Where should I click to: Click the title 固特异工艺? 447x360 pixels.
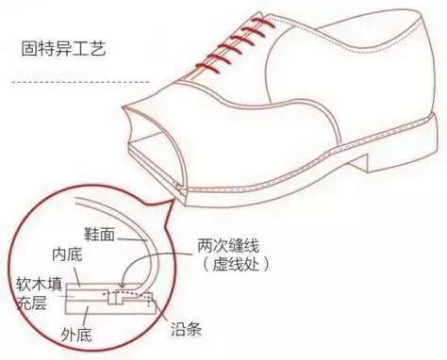[58, 47]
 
